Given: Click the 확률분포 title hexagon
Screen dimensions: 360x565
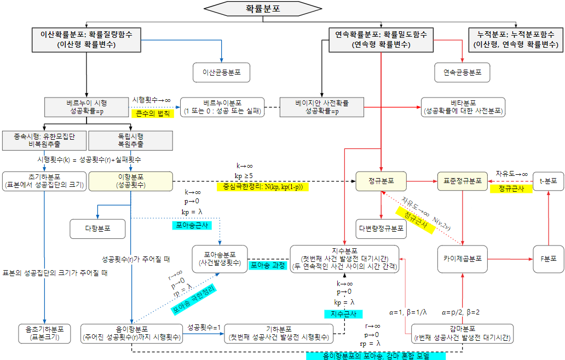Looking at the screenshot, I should (263, 9).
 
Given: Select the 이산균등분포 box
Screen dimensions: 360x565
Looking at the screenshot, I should (222, 72).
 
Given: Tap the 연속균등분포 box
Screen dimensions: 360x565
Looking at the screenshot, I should (462, 72).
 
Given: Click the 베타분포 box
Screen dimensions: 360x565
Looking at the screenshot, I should (463, 107).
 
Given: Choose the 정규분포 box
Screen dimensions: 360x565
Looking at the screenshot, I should (380, 181).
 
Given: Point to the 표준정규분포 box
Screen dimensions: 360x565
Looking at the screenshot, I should (463, 181).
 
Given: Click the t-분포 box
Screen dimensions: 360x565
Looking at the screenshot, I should (548, 181).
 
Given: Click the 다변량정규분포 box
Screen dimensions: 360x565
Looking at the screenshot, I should (380, 228).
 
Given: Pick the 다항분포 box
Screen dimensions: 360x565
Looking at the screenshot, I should (97, 228).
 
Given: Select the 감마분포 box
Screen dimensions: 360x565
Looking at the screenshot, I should (463, 333).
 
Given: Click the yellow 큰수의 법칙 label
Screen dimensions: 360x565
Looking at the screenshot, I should (152, 113).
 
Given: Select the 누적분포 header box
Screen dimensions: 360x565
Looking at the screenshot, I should (516, 39).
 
